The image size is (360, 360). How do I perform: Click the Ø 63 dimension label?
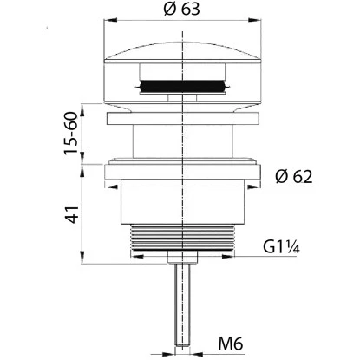pyautogui.click(x=181, y=9)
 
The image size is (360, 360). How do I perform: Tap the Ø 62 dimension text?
pyautogui.click(x=294, y=176)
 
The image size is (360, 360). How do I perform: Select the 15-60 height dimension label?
pyautogui.click(x=71, y=133)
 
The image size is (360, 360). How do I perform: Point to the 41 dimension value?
pyautogui.click(x=71, y=214)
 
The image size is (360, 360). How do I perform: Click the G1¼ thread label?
pyautogui.click(x=281, y=247)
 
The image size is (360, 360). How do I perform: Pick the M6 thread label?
pyautogui.click(x=231, y=344)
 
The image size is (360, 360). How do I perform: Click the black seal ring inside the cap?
pyautogui.click(x=182, y=86)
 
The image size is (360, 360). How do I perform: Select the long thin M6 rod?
pyautogui.click(x=182, y=304)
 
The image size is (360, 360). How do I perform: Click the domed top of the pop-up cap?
pyautogui.click(x=182, y=52)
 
